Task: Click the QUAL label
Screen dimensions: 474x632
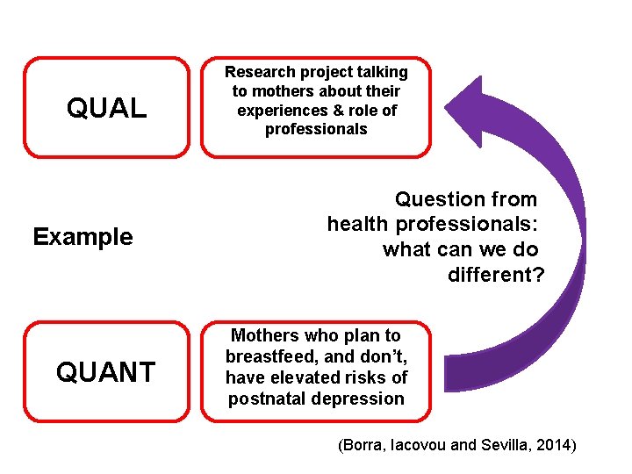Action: [x=106, y=109]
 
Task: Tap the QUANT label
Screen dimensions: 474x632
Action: [x=106, y=372]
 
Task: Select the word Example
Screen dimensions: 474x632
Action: [x=83, y=237]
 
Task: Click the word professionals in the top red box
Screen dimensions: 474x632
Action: [x=316, y=130]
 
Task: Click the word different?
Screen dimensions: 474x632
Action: [x=496, y=275]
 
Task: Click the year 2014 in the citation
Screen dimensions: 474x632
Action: [x=555, y=445]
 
